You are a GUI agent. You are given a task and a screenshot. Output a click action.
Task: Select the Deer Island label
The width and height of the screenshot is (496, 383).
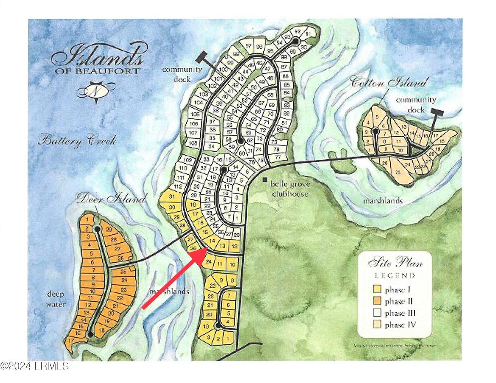coord(111,199)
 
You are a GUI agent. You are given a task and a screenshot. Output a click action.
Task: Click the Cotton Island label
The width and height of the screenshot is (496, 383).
coord(390,83)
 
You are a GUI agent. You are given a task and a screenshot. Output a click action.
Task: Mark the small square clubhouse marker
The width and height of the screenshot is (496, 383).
coord(265,179)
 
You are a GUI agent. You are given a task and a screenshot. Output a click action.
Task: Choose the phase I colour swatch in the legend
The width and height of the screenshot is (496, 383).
coord(378,289)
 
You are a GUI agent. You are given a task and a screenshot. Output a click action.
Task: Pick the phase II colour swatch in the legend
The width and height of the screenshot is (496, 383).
coord(378,301)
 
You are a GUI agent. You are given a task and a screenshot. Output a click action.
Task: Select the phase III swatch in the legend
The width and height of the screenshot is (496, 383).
coord(378,313)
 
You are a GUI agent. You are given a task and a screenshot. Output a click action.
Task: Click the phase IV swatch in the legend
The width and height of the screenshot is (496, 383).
coord(378,325)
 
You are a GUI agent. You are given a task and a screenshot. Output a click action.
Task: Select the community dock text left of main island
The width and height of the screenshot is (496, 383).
coord(181,74)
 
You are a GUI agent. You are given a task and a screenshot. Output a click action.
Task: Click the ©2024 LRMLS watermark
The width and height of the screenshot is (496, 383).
coord(35,366)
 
